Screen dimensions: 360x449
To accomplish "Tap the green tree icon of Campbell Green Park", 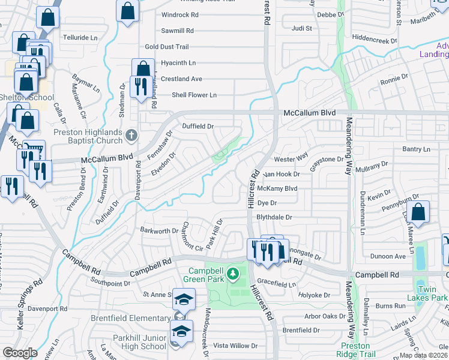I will click(237, 274).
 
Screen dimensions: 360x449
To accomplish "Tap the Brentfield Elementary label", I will click(131, 318).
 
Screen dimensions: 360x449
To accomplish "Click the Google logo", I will click(20, 353).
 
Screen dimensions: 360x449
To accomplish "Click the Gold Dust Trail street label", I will click(167, 47).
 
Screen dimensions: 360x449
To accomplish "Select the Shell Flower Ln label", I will click(194, 95).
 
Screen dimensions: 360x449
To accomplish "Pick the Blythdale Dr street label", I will click(274, 217).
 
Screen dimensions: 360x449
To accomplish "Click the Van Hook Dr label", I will click(282, 174).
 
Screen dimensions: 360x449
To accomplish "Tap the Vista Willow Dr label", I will click(235, 346).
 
